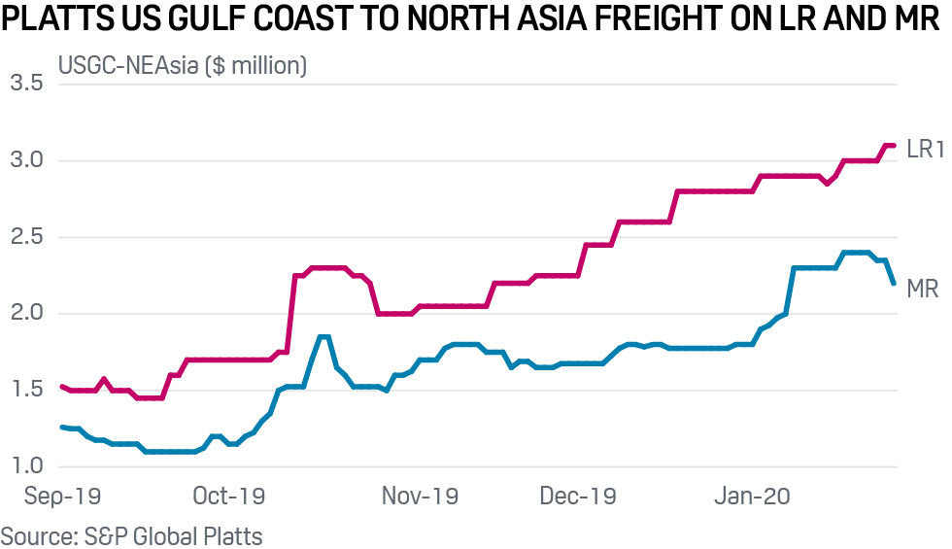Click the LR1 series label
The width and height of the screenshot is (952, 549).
click(x=925, y=149)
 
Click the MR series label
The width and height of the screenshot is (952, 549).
click(x=922, y=289)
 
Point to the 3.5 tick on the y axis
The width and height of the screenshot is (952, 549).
click(x=26, y=84)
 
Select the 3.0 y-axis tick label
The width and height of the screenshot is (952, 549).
click(x=26, y=160)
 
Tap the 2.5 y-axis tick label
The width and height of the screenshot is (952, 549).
click(x=26, y=237)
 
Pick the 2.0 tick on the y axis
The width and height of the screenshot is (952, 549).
click(x=26, y=313)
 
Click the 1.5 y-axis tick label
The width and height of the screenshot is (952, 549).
click(x=26, y=390)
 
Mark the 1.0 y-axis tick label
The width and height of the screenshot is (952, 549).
click(x=26, y=466)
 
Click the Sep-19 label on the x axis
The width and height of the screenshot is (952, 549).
click(x=60, y=497)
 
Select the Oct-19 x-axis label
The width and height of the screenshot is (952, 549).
click(x=229, y=497)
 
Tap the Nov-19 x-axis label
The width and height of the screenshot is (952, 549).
click(x=420, y=497)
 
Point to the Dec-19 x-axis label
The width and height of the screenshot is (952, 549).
click(x=578, y=497)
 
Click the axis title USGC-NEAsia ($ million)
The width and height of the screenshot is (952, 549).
click(x=183, y=66)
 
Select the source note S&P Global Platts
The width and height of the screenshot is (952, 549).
click(x=131, y=535)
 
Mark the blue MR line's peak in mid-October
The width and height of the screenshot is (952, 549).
click(x=323, y=336)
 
